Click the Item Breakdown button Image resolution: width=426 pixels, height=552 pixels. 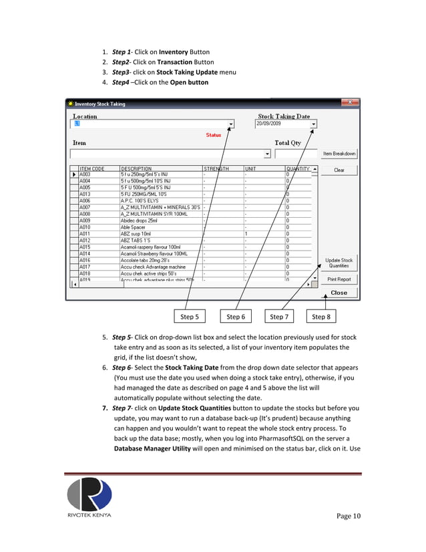[339, 154]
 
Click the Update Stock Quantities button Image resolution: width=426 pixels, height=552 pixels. [339, 263]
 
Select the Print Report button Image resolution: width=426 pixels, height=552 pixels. [339, 279]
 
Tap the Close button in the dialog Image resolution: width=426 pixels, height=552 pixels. [339, 293]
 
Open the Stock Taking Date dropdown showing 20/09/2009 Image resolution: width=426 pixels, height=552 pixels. [313, 124]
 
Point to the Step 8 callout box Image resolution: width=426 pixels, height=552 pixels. [321, 317]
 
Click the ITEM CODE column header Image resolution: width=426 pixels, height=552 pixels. [92, 168]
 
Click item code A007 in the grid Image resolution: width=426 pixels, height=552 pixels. [85, 207]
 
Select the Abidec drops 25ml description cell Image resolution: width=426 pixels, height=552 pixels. [139, 221]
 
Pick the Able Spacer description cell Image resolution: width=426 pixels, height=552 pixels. [133, 227]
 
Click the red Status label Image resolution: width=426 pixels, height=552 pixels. [213, 135]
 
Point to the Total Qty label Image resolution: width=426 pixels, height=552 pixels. [288, 142]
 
